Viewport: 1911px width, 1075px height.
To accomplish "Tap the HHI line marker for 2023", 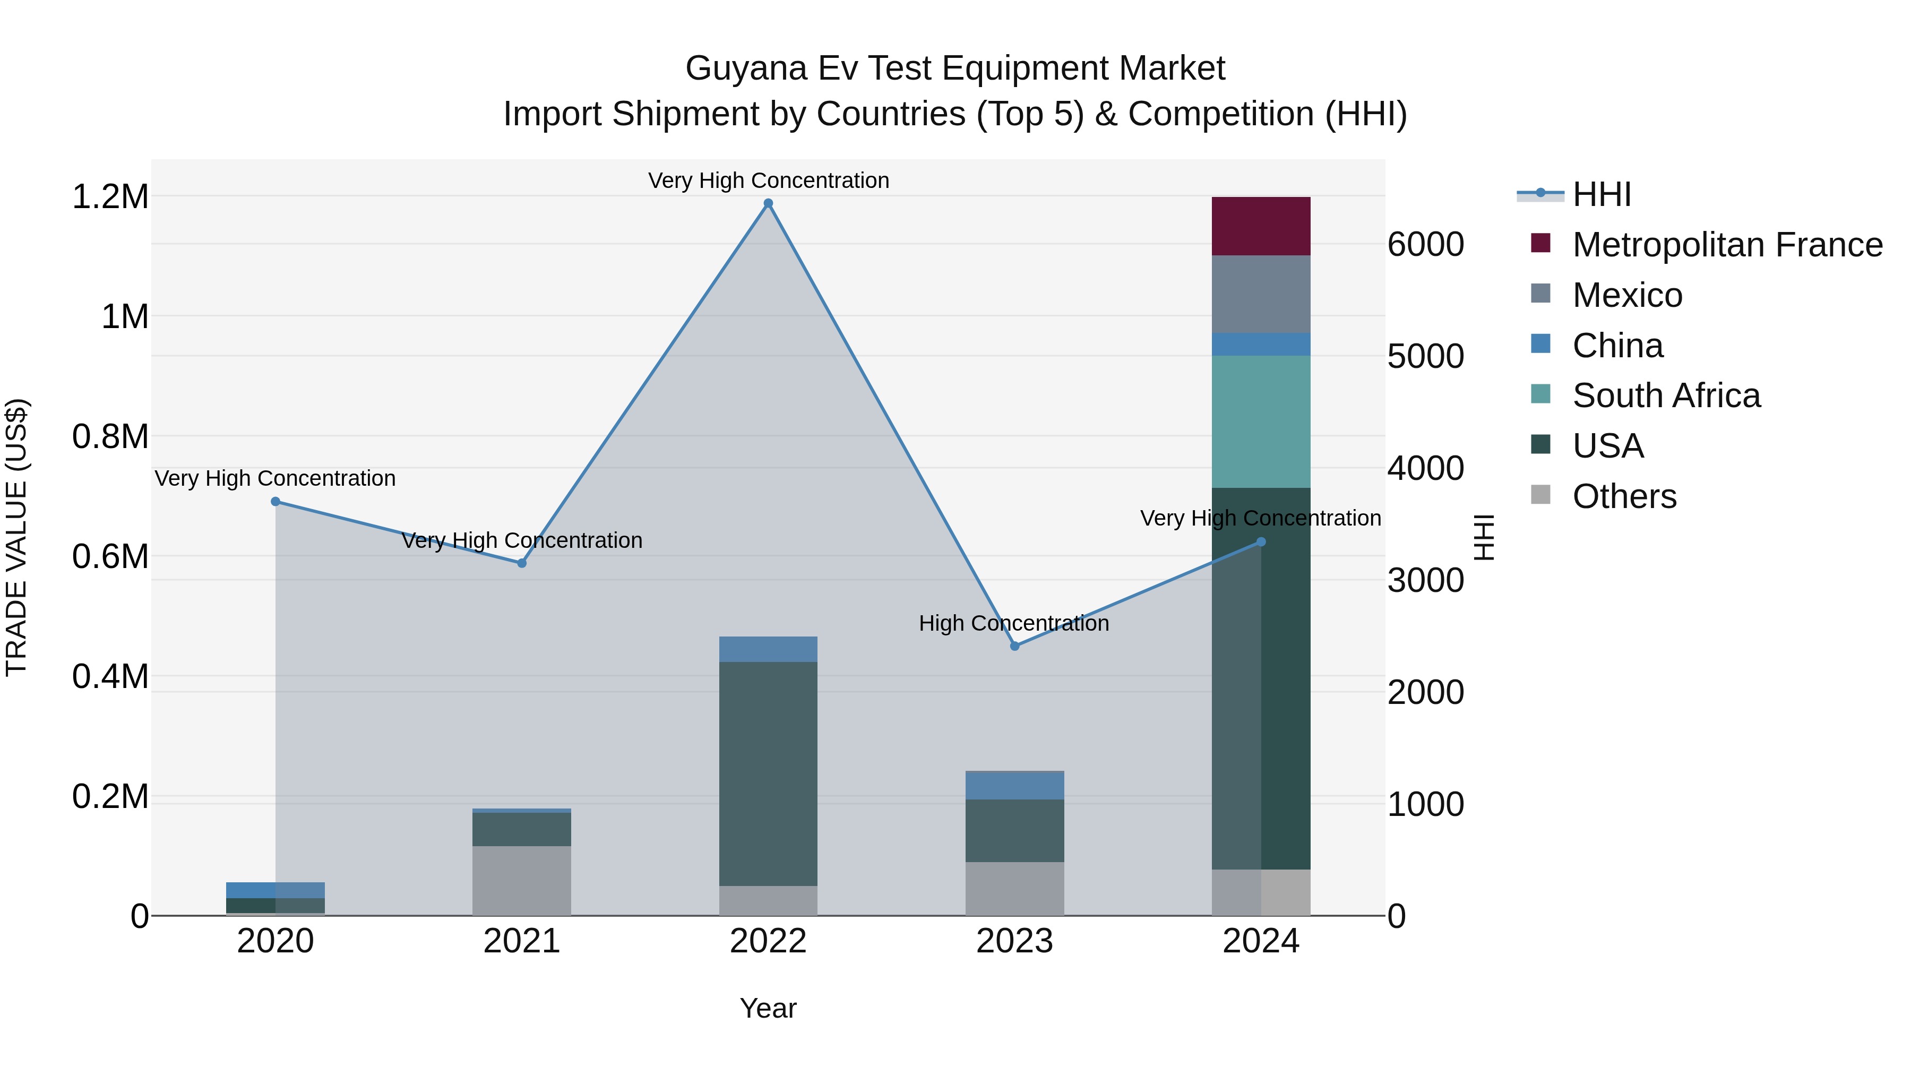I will pyautogui.click(x=1015, y=646).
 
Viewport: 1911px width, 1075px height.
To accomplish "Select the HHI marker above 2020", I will pyautogui.click(x=275, y=502).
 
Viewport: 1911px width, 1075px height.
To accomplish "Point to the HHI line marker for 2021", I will pyautogui.click(x=521, y=563).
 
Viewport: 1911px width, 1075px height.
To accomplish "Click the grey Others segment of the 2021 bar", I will pyautogui.click(x=521, y=881).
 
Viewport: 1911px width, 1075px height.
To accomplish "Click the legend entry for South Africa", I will pyautogui.click(x=1665, y=395).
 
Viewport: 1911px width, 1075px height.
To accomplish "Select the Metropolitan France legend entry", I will pyautogui.click(x=1726, y=245).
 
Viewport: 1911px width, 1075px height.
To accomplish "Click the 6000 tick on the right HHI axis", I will pyautogui.click(x=1425, y=245).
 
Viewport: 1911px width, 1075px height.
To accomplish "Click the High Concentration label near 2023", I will pyautogui.click(x=1013, y=623).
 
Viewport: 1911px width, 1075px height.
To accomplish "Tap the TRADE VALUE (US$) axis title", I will pyautogui.click(x=16, y=537).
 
